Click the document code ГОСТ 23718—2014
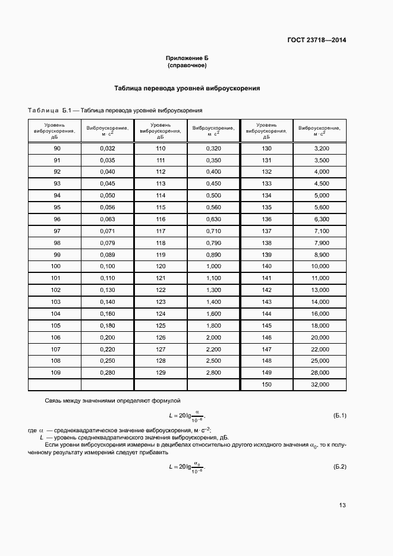point(316,40)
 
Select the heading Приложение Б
point(187,58)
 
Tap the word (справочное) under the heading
point(187,65)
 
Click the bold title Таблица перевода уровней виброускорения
point(187,88)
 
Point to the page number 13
point(342,505)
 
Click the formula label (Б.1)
point(340,414)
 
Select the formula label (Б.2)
point(340,467)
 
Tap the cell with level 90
point(56,148)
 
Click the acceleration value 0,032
point(108,148)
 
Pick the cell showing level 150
point(266,385)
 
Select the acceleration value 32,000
point(320,385)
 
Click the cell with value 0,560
point(213,207)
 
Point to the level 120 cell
point(161,266)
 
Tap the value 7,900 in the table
point(321,243)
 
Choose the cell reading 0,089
point(108,255)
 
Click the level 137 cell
point(266,231)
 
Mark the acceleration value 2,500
point(213,361)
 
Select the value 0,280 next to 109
point(108,373)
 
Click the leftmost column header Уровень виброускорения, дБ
point(55,131)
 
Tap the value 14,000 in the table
point(320,302)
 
